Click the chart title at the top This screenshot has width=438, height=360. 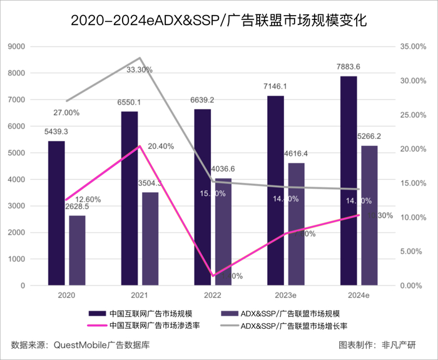(218, 20)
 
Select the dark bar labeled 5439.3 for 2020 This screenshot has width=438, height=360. (56, 213)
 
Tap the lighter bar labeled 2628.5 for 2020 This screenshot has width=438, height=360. (77, 250)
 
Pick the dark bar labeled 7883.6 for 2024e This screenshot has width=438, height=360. (349, 181)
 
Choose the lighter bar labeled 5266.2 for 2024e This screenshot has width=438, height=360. (369, 215)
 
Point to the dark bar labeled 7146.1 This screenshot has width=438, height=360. (275, 190)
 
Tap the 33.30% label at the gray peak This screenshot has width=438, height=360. (140, 70)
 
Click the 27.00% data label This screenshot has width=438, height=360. (66, 113)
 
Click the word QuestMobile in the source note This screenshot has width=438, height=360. (82, 344)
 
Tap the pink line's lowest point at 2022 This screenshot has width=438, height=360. (213, 275)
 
